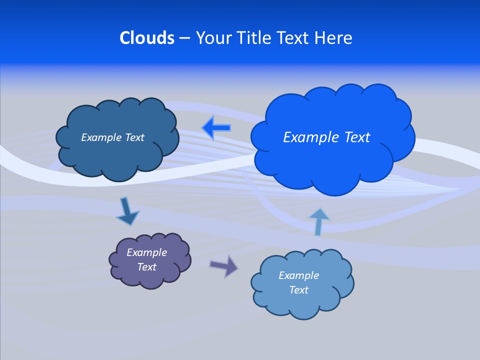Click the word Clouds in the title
coord(147,38)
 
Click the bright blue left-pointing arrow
coord(216,128)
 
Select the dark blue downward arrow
coord(127,212)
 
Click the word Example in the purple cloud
coord(146,252)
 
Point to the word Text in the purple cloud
coord(146,267)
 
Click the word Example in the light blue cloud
coord(298,275)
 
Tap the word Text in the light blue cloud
coord(298,290)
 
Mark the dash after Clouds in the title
coord(184,38)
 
